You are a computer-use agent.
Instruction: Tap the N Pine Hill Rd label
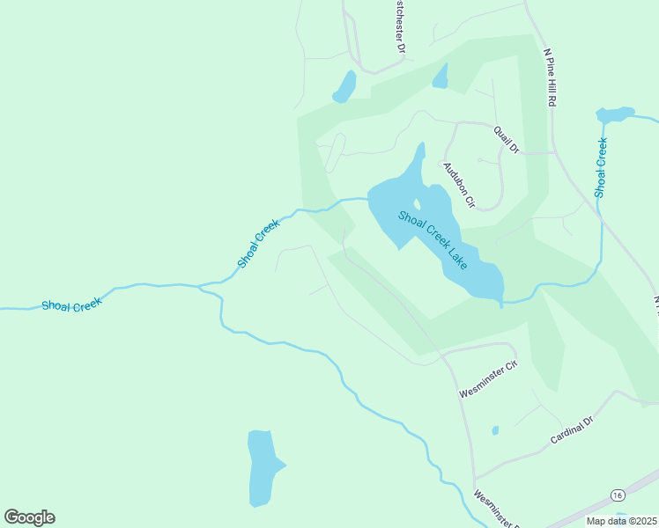click(550, 77)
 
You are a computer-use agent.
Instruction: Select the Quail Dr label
click(508, 138)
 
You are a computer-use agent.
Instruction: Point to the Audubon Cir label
click(459, 185)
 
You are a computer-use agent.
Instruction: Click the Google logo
click(29, 517)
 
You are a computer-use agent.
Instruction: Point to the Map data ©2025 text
click(622, 521)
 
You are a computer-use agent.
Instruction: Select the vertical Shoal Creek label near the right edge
click(601, 167)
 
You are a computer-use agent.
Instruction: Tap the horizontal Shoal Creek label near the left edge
click(71, 304)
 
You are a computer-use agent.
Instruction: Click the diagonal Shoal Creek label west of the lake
click(258, 244)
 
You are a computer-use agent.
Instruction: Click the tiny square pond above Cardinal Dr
click(495, 430)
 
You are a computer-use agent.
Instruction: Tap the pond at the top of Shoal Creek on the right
click(614, 114)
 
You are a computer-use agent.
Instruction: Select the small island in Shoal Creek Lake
click(416, 205)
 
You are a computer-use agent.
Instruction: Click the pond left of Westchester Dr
click(344, 87)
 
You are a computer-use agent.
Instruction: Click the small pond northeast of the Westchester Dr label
click(441, 77)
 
